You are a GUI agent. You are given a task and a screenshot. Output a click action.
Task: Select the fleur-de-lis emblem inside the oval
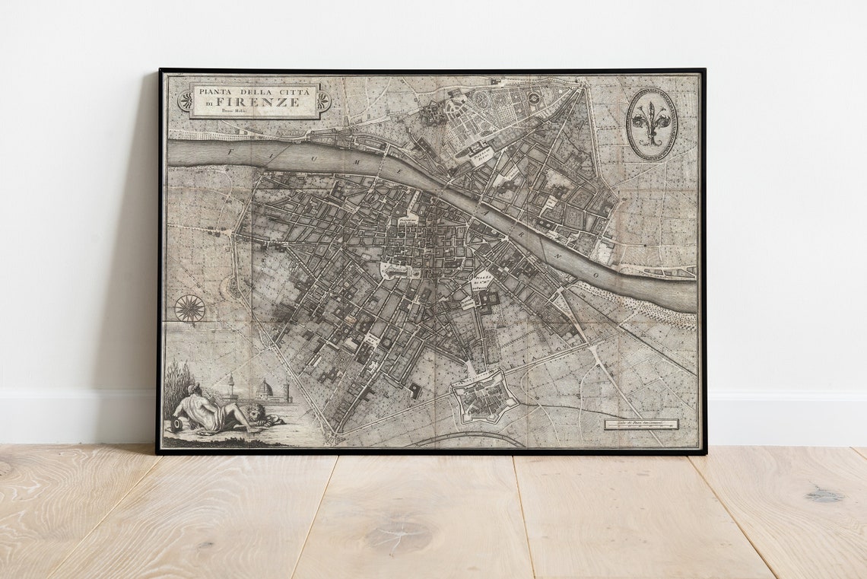click(651, 123)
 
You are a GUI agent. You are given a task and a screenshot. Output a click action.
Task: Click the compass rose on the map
click(189, 308)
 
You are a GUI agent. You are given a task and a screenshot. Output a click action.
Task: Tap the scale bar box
click(641, 424)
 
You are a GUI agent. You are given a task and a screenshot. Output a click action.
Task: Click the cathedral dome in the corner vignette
click(265, 389)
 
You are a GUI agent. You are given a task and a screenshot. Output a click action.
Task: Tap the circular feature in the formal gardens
click(534, 98)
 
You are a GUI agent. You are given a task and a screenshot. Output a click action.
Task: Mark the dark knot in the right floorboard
click(824, 495)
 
